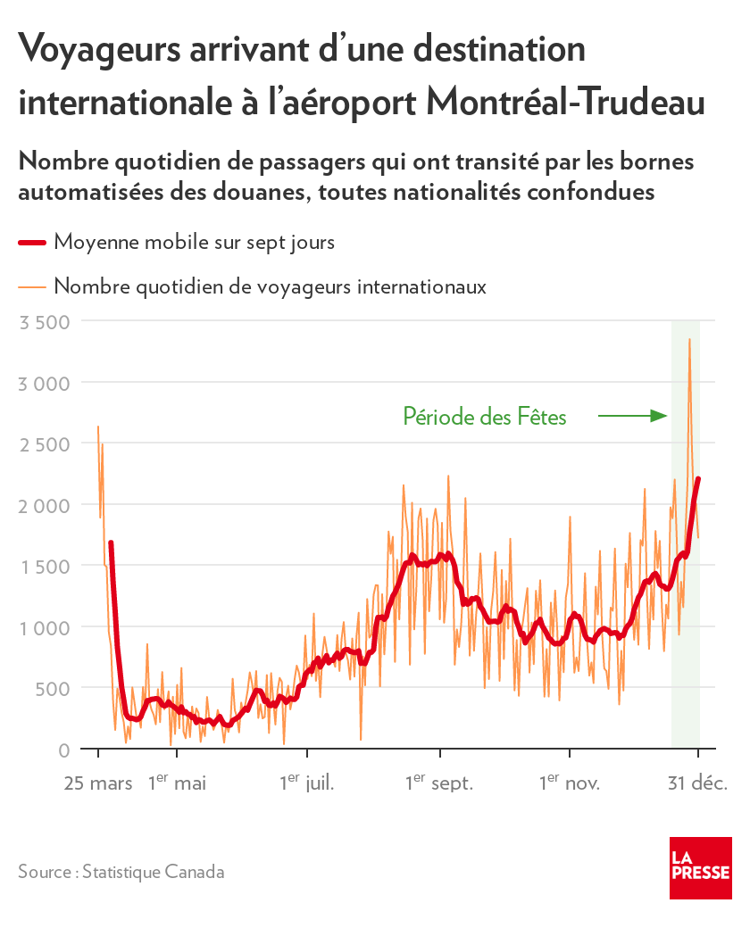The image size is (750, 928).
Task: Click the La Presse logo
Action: point(700,868)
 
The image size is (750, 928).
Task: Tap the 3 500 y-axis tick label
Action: point(44,321)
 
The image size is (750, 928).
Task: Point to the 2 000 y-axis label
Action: point(44,505)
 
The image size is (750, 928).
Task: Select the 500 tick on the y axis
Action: point(51,688)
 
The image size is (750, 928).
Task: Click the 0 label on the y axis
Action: point(63,750)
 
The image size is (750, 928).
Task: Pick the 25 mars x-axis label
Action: point(98,783)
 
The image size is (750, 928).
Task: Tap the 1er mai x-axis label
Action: point(177,783)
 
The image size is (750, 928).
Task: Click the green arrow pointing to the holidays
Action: point(632,415)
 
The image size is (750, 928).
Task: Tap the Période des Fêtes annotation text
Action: point(485,416)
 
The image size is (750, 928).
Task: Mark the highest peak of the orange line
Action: point(689,340)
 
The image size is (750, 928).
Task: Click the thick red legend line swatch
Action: point(31,242)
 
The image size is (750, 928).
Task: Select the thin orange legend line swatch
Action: point(31,286)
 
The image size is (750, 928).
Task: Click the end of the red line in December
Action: point(698,479)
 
